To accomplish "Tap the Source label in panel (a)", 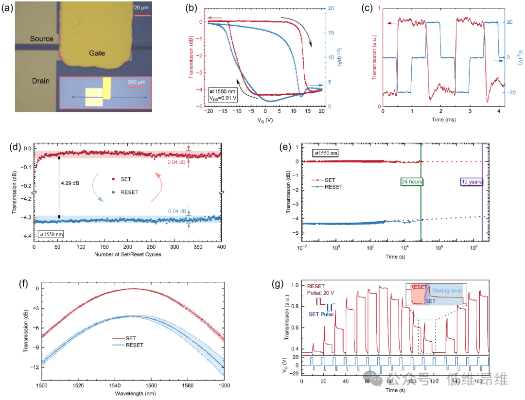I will coord(41,39).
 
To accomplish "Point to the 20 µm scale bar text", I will coord(142,8).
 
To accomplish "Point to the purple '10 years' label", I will coord(471,182).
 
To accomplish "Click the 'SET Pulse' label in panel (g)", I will coord(321,314).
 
